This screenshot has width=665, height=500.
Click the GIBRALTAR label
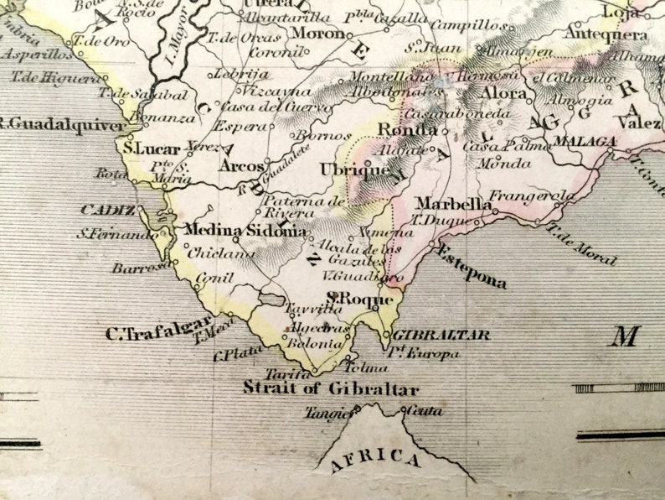[441, 335]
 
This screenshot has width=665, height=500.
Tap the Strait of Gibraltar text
[331, 389]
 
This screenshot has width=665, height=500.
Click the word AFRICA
[375, 460]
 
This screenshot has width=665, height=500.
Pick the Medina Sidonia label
[244, 230]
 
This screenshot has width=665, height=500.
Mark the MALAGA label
[584, 141]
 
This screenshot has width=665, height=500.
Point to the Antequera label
[606, 34]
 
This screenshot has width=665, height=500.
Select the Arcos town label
[241, 166]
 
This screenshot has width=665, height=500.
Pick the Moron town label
[317, 33]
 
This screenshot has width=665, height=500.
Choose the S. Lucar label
[152, 148]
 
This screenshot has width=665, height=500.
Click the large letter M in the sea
[624, 336]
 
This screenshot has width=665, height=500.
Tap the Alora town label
[503, 93]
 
